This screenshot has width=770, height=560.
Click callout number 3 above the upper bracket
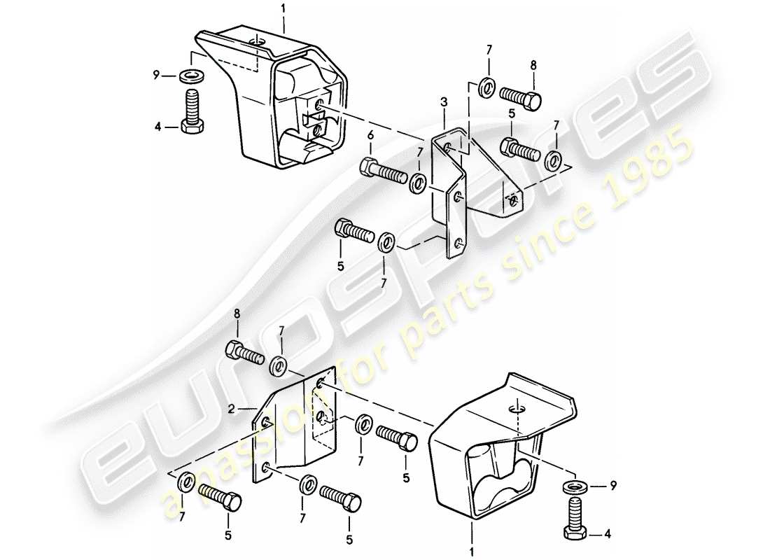443,102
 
